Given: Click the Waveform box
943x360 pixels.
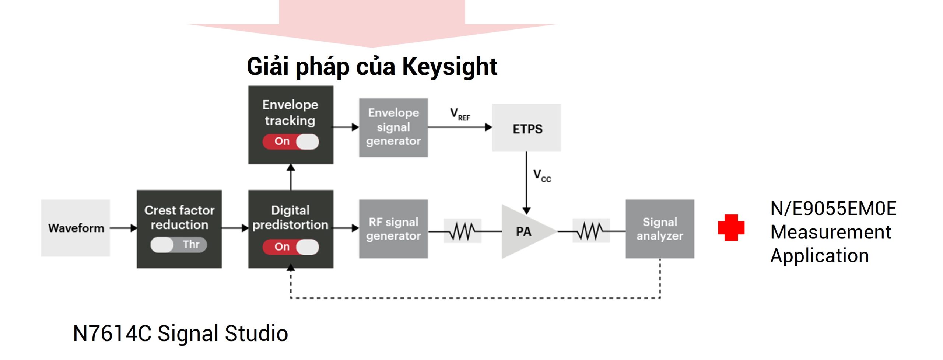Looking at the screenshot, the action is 76,228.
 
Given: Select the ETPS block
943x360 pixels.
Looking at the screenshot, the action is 526,128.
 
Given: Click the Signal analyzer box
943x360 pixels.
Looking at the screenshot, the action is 660,229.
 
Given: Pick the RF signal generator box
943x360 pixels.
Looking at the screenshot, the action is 393,229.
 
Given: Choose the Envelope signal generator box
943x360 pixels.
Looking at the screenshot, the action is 393,127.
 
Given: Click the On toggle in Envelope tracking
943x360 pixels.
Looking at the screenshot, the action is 291,141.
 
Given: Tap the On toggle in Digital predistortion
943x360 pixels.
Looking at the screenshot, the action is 291,247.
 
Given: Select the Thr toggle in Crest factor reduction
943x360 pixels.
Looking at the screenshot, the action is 179,245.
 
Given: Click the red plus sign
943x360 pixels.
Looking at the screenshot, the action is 731,228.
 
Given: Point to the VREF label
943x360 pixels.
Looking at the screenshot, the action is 460,114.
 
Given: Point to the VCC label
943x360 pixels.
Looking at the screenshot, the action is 542,176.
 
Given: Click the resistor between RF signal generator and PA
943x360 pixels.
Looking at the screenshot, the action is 462,231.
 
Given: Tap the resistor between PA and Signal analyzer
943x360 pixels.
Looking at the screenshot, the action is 591,231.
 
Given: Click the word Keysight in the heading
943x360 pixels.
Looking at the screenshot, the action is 449,67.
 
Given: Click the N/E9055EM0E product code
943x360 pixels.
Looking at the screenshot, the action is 833,209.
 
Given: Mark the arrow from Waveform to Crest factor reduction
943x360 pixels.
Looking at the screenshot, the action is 123,228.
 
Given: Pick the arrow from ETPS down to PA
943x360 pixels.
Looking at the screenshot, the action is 527,183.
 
